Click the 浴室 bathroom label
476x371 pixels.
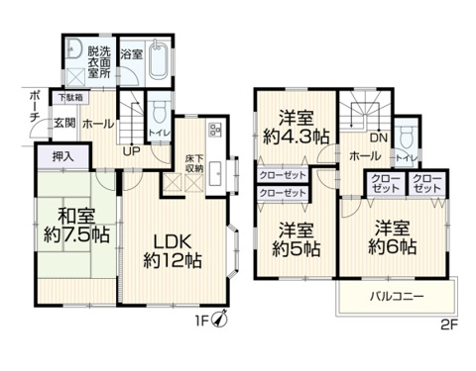(x=132, y=51)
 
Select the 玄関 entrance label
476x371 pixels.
(x=63, y=123)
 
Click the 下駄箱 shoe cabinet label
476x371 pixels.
(x=67, y=97)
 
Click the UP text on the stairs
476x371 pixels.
(x=130, y=152)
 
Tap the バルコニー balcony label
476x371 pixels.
(x=397, y=297)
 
